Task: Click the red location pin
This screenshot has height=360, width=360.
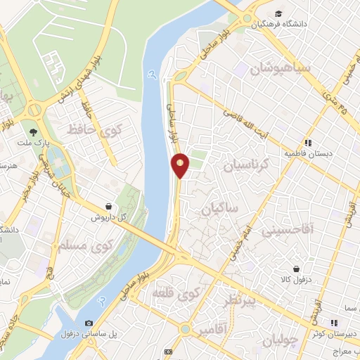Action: [x=181, y=165]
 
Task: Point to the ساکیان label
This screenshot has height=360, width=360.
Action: [x=220, y=209]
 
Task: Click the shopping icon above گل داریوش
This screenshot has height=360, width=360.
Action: [x=108, y=206]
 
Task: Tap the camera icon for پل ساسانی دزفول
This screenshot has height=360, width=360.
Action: [x=88, y=323]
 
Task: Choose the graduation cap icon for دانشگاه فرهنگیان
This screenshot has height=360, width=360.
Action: [x=279, y=14]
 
